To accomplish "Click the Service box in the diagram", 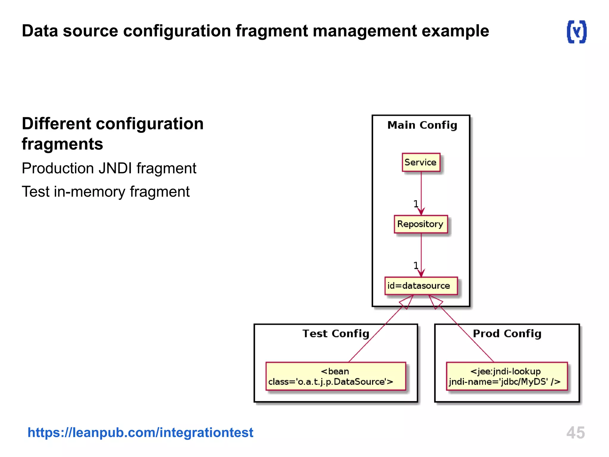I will [421, 162].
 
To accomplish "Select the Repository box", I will [420, 224].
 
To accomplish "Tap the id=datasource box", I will [420, 286].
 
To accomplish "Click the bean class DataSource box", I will [335, 376].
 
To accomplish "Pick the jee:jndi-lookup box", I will [506, 376].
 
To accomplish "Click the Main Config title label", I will [422, 125].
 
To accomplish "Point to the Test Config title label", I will [336, 334].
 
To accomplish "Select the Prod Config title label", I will [507, 334].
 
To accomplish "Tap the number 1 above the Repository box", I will [416, 204].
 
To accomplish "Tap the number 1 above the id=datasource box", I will [416, 265].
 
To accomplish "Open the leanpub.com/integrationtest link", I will [140, 432].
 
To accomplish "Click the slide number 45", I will [575, 432].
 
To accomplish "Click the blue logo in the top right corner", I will [577, 32].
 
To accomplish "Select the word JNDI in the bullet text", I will [115, 168].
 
